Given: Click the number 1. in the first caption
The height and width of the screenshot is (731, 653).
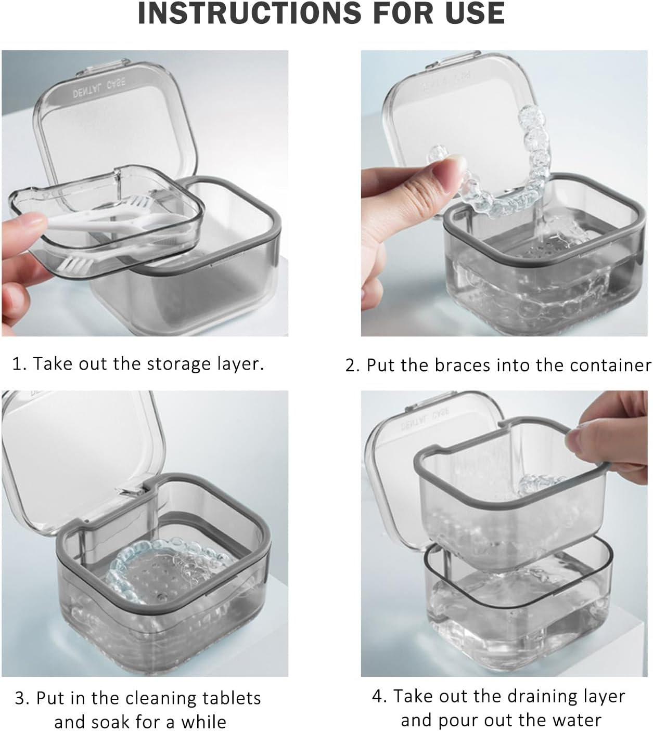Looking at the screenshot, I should click(x=19, y=364).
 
